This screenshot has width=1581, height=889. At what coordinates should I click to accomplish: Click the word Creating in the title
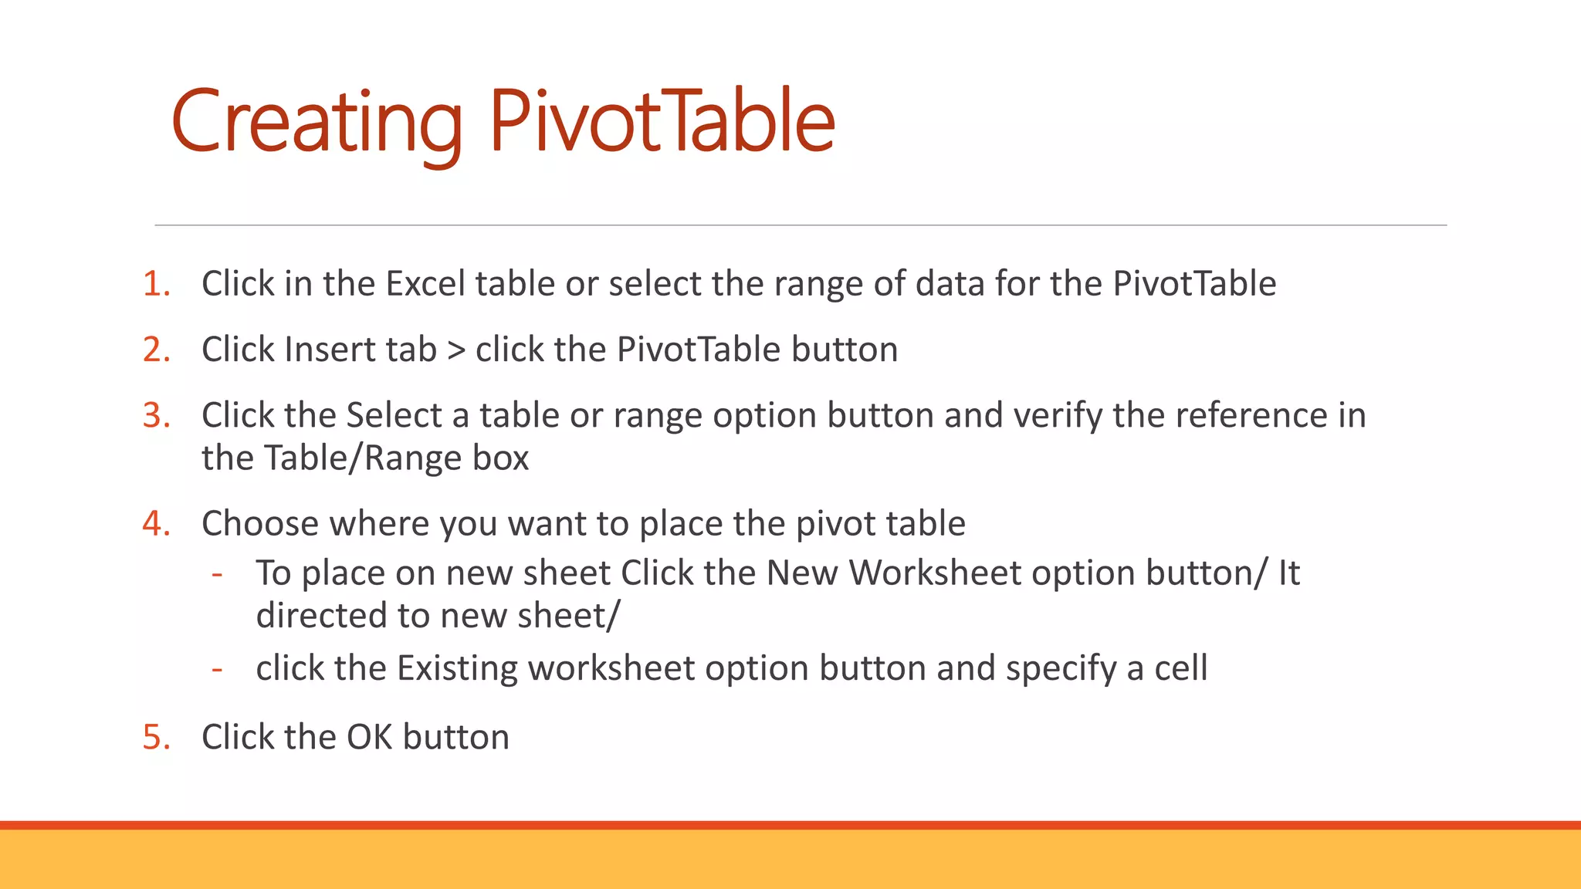pyautogui.click(x=317, y=122)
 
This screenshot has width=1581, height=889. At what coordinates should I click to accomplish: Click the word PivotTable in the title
pyautogui.click(x=662, y=122)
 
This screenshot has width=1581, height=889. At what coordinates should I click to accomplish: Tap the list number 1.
pyautogui.click(x=155, y=284)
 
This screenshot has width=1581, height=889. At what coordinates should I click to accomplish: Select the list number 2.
pyautogui.click(x=155, y=350)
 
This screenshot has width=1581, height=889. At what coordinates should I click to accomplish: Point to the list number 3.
pyautogui.click(x=155, y=415)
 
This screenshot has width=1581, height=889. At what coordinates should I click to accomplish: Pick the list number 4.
pyautogui.click(x=155, y=524)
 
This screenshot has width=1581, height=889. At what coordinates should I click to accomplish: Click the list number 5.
pyautogui.click(x=155, y=737)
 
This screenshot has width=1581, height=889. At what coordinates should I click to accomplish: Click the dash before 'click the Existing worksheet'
pyautogui.click(x=218, y=669)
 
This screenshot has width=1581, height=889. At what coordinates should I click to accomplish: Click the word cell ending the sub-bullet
pyautogui.click(x=1180, y=668)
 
